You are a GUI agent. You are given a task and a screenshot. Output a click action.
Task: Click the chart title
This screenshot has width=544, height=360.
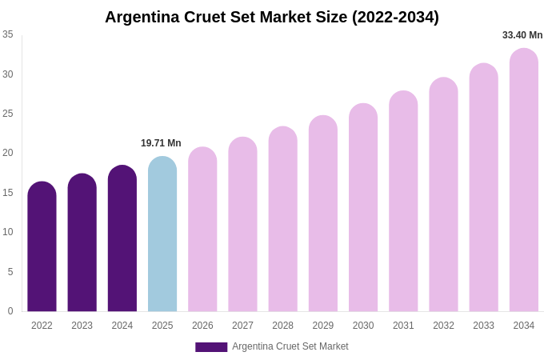pos(272,17)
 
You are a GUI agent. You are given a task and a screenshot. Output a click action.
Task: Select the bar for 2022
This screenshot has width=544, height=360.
pos(42,247)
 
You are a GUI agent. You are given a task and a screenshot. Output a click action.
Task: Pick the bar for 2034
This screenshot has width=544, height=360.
pos(524,181)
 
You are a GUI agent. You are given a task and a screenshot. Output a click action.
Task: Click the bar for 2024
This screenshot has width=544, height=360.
pos(122,239)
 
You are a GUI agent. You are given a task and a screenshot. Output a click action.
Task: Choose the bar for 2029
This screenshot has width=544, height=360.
pos(323,214)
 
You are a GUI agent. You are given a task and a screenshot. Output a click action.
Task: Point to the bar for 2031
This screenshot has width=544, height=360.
pos(403,202)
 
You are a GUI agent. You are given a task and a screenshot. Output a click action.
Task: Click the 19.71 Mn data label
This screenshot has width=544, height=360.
pos(161,143)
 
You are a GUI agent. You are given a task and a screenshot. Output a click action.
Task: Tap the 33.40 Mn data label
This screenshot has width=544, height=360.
pos(522,35)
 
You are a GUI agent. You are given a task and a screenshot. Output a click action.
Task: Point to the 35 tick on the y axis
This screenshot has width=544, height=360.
pos(8,34)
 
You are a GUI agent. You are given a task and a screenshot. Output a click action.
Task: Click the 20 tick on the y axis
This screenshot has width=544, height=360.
pos(8,153)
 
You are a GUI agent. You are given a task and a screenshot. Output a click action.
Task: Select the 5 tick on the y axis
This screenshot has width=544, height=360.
pos(10,272)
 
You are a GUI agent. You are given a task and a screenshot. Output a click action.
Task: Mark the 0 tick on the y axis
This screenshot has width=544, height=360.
pos(10,311)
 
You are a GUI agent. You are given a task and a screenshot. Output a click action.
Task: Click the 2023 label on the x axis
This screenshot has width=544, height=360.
pos(82,326)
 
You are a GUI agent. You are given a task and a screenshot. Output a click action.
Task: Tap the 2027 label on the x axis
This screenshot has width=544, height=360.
pos(242,326)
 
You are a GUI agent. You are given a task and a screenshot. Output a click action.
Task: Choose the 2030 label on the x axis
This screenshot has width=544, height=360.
pos(363,326)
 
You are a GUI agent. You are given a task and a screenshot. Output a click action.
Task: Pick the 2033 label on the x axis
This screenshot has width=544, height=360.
pos(483,326)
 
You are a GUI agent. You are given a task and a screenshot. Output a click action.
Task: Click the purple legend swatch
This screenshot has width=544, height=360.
pos(211,347)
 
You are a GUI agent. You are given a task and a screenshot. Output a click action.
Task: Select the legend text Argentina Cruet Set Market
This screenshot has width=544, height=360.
pos(290,346)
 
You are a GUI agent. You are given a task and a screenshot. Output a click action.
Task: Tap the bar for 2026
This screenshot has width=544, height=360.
pos(202,230)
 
